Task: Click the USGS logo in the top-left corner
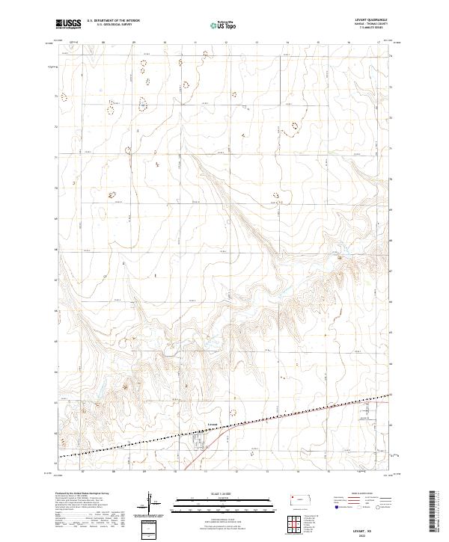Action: coord(69,24)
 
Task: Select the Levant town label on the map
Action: coord(212,424)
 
